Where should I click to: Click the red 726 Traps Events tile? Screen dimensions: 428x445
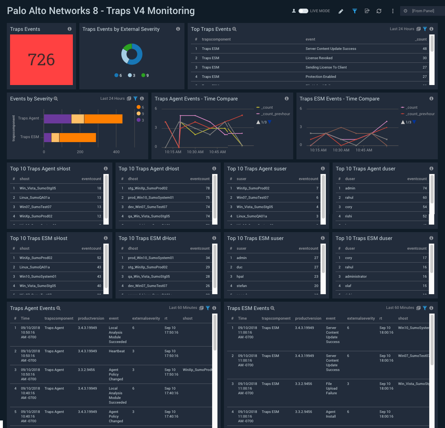tap(41, 60)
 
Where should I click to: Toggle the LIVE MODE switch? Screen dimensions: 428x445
tap(303, 11)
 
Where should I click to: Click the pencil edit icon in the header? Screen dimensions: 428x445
tap(341, 11)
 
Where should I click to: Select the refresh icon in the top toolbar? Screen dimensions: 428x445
tap(379, 11)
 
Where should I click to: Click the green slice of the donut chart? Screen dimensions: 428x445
tap(127, 47)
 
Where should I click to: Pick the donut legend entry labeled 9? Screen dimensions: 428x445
tap(145, 75)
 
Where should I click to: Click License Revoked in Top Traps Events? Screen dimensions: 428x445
tap(319, 58)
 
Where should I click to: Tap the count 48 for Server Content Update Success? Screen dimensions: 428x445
tap(425, 49)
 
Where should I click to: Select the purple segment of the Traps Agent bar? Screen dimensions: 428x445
tap(57, 119)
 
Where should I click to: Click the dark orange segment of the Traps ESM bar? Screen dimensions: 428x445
tap(78, 137)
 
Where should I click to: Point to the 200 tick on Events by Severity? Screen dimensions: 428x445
tap(80, 152)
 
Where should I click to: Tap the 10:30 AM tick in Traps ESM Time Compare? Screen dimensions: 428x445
tap(341, 150)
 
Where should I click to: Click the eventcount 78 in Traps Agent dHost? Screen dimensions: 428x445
tap(207, 188)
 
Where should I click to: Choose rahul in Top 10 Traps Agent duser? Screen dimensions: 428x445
tap(349, 198)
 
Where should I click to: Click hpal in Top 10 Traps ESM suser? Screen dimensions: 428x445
tap(240, 277)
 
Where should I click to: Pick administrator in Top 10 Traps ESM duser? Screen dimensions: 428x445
tap(356, 277)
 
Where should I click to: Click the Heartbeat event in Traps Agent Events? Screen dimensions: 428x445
tap(117, 351)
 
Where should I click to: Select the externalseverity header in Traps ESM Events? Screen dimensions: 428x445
tap(361, 319)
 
